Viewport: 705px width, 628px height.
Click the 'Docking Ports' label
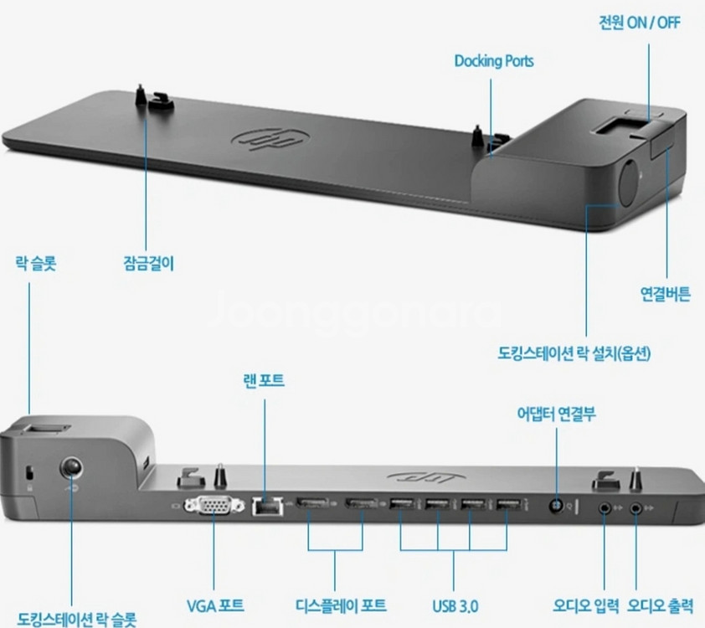click(494, 61)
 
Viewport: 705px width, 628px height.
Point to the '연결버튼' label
click(666, 294)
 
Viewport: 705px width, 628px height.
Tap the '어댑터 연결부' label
click(556, 413)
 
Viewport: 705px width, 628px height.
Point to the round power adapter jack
click(557, 506)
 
